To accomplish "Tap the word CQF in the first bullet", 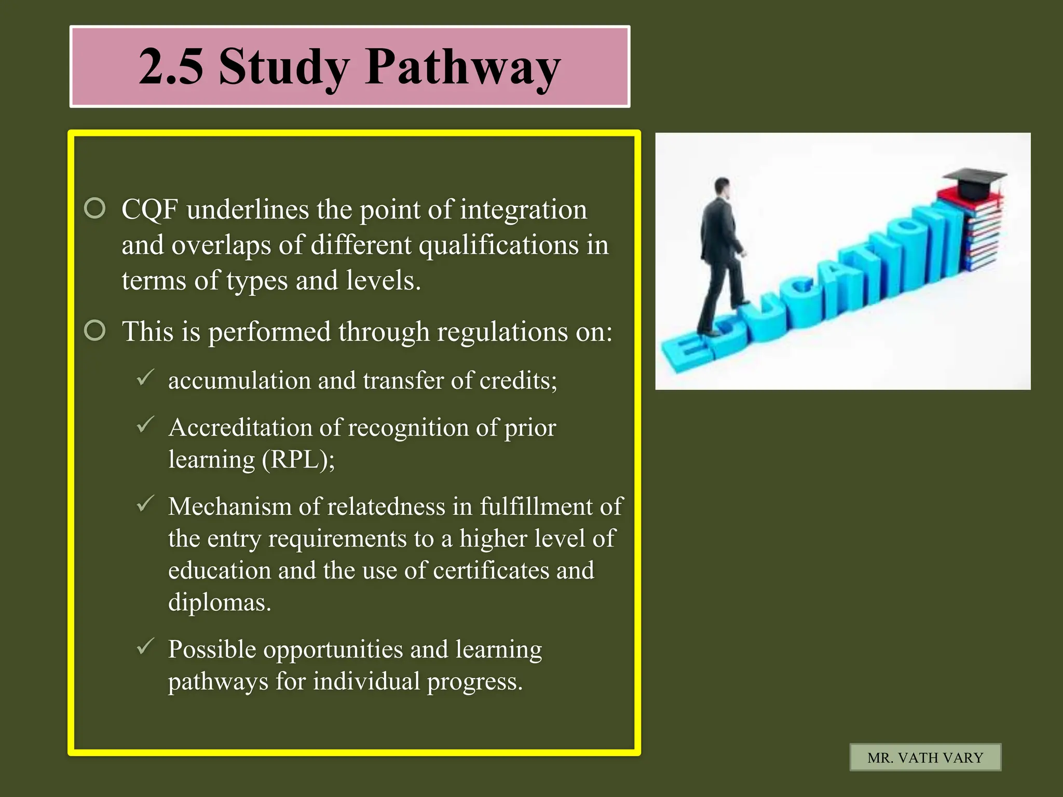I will click(149, 210).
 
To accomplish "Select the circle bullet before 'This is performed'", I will click(95, 331).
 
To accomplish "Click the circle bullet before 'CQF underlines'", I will click(95, 209).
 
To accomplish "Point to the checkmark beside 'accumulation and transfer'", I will click(145, 377).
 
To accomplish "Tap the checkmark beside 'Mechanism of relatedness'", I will click(145, 503).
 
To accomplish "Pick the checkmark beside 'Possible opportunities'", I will click(145, 647).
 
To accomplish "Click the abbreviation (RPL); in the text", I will click(298, 460).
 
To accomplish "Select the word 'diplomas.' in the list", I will click(220, 603).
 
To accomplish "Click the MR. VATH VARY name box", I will click(925, 758).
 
